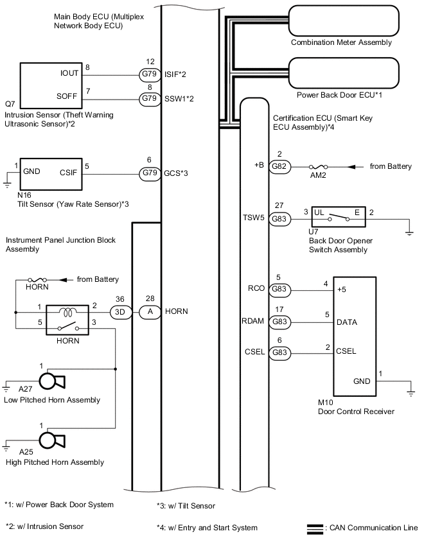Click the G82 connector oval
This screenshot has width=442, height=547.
coord(279,166)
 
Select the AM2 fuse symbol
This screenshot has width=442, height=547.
coord(318,167)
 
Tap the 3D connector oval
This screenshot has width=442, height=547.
coord(120,312)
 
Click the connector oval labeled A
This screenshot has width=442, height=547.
coord(150,312)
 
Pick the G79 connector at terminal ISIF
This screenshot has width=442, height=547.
coord(150,74)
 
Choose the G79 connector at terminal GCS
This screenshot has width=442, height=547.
coord(150,173)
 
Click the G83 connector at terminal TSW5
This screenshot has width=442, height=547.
coord(279,219)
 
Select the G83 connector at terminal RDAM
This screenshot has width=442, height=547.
coord(279,322)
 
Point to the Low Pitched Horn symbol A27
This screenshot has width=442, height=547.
coord(52,381)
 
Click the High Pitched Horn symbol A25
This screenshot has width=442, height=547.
coord(52,441)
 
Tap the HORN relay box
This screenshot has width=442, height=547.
coord(67,320)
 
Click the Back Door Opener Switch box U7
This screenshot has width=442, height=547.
coord(339,216)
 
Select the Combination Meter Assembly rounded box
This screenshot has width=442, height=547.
coord(344,21)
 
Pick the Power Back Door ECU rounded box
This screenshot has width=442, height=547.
coord(344,73)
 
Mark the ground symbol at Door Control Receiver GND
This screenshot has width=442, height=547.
coord(411,393)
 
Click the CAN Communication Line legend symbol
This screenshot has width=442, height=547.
coord(315,529)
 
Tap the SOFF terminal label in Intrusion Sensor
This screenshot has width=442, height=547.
coord(67,96)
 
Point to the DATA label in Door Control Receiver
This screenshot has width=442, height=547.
coord(347,322)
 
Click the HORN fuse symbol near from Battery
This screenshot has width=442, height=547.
coord(37,280)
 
